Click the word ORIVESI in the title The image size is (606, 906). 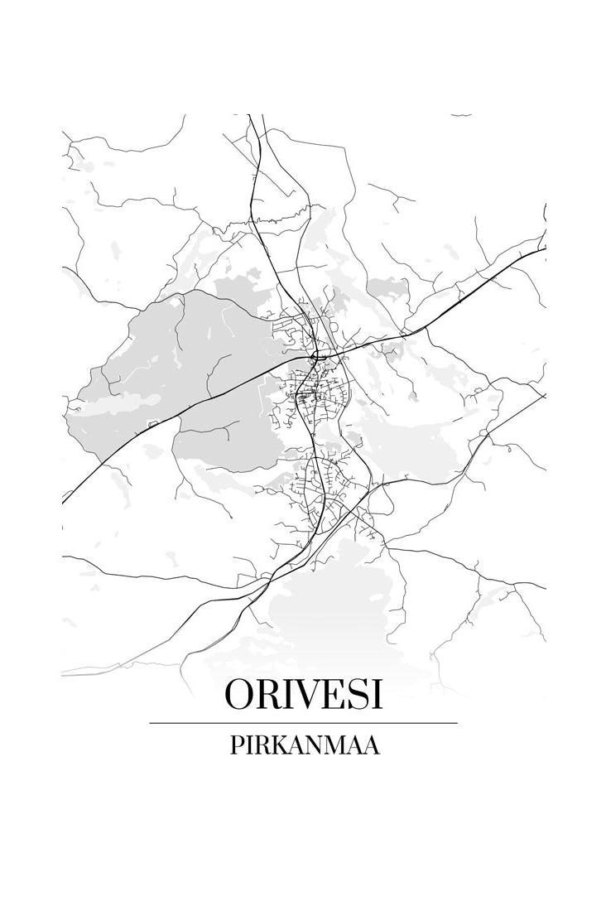(303, 696)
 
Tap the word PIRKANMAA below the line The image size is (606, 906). (303, 746)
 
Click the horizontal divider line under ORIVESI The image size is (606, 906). (303, 723)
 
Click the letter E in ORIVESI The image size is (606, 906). (328, 696)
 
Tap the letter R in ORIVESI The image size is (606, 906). (264, 696)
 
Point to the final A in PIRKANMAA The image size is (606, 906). (373, 746)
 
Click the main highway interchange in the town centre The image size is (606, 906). (316, 357)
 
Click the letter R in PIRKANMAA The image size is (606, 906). (261, 746)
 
